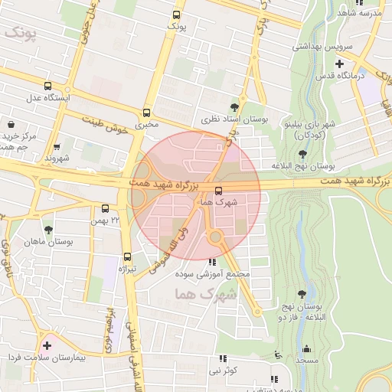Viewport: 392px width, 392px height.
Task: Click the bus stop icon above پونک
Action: click(x=177, y=15)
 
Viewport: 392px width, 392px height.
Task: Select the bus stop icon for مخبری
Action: click(x=146, y=111)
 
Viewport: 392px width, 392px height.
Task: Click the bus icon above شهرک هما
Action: click(x=219, y=190)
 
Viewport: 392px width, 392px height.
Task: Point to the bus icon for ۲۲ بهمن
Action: click(x=105, y=207)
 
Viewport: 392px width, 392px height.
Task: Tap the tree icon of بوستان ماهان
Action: click(x=48, y=229)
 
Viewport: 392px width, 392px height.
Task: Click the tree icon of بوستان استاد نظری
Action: click(x=234, y=107)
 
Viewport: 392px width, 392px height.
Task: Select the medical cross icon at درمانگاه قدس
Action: click(x=338, y=63)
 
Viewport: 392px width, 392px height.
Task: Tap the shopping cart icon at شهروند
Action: click(x=57, y=146)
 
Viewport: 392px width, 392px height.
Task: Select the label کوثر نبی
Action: click(x=223, y=371)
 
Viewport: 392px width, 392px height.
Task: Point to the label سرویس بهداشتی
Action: click(x=321, y=45)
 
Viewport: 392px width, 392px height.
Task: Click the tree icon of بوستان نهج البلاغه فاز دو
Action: click(x=304, y=293)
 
